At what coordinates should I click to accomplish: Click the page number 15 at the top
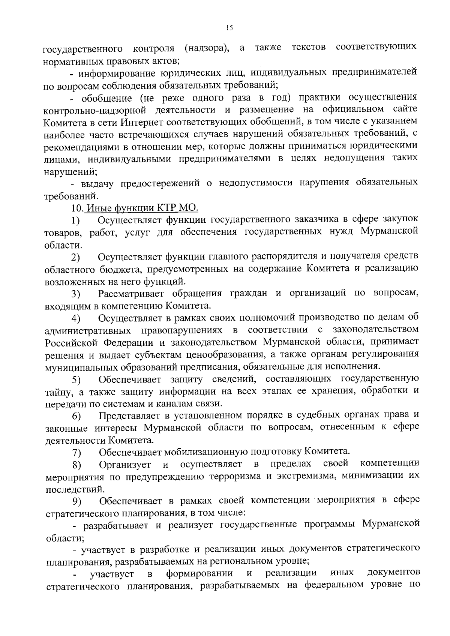pyautogui.click(x=229, y=27)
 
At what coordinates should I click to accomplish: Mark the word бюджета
pyautogui.click(x=115, y=269)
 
